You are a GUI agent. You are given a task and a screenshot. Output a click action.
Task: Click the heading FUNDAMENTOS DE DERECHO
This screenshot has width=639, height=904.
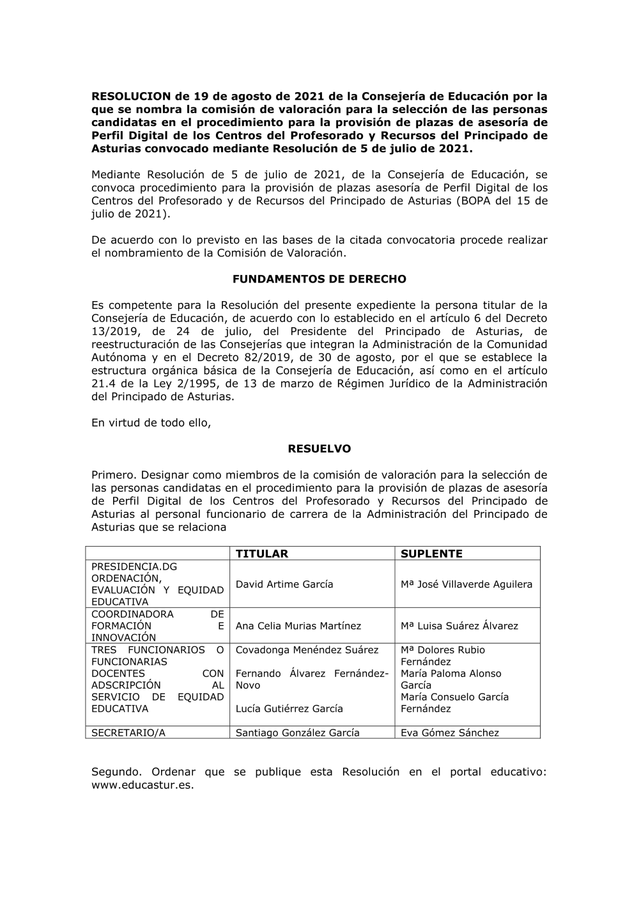coord(319,279)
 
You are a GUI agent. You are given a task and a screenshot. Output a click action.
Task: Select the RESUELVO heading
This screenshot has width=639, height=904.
coord(319,449)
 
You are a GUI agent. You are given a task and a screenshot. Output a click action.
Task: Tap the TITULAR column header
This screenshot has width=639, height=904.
coord(262,554)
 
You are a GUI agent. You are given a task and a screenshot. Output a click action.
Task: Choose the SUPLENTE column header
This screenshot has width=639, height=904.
coord(431,554)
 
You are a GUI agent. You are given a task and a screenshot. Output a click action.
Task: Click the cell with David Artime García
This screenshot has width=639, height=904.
coord(284,584)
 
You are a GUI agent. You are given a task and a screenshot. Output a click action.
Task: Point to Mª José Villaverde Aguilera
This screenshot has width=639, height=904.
coord(466,584)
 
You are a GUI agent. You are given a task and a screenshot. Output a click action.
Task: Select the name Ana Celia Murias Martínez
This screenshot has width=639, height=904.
coord(298,626)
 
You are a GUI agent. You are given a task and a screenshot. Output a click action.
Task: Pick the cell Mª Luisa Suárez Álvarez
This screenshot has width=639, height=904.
coord(459,626)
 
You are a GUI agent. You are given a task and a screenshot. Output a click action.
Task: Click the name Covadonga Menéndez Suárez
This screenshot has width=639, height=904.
coord(307,650)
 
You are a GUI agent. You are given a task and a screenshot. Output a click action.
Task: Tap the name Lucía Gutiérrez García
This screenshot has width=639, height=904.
coord(289,708)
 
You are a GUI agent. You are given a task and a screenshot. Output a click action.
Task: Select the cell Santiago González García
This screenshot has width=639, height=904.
coord(298,733)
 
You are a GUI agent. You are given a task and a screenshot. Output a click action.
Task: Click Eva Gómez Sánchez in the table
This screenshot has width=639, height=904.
coord(450,733)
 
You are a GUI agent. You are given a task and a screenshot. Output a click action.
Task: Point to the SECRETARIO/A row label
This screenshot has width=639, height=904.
coord(128,733)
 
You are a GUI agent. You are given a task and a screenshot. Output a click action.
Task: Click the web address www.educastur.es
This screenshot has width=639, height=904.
coord(142,785)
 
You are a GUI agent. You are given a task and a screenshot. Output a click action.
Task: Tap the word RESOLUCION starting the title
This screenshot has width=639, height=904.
coord(132,97)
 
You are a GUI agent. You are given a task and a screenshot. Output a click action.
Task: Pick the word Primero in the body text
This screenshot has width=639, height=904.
coord(114,475)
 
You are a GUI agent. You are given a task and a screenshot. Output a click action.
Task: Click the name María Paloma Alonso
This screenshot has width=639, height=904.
coord(451,673)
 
